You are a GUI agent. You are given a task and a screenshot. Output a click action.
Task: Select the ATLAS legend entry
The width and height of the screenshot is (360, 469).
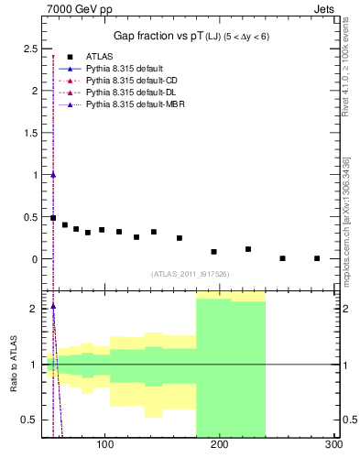click(x=102, y=58)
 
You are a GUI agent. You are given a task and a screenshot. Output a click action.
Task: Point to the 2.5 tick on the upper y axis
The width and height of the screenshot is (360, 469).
click(x=29, y=49)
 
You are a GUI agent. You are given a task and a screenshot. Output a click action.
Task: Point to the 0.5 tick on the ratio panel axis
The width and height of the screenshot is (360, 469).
click(x=29, y=420)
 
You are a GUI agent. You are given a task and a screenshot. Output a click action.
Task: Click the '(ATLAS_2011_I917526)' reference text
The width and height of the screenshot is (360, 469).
click(x=191, y=274)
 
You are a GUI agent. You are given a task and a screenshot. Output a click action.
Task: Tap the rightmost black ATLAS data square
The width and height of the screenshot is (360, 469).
click(x=317, y=258)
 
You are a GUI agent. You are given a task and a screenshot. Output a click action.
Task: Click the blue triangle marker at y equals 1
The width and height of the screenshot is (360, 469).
click(x=53, y=175)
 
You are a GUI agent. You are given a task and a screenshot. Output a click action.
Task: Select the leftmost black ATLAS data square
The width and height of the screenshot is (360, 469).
click(x=53, y=218)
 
